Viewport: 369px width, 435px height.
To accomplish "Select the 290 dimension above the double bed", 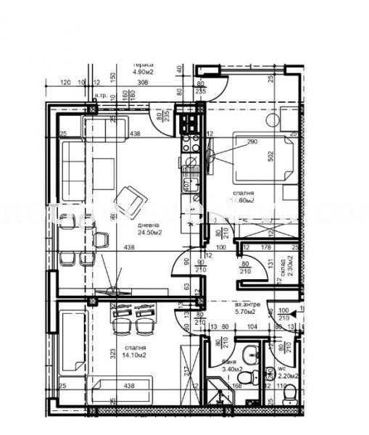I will click(252, 142).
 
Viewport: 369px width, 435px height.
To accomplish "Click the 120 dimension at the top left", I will click(65, 83).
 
